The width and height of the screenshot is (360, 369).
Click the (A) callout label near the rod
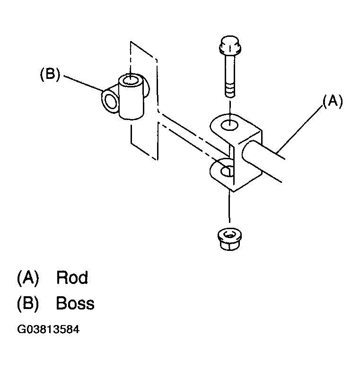click(x=333, y=102)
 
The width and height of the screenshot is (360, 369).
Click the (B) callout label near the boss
click(x=50, y=74)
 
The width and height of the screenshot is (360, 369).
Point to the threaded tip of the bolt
click(x=230, y=92)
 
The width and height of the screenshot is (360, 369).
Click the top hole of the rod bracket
click(x=229, y=125)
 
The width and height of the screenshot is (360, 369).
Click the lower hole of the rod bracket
click(x=226, y=171)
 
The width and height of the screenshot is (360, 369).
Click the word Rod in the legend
click(x=72, y=277)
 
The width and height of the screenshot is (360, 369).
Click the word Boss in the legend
click(x=75, y=303)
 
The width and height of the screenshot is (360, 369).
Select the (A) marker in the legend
click(x=28, y=278)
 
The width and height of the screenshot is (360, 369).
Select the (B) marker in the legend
click(x=28, y=304)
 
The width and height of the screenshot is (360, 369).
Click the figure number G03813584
click(x=48, y=329)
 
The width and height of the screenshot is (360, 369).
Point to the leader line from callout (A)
click(x=300, y=129)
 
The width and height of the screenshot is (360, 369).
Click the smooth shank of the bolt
click(x=230, y=70)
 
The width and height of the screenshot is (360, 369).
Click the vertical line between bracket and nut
click(x=229, y=206)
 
